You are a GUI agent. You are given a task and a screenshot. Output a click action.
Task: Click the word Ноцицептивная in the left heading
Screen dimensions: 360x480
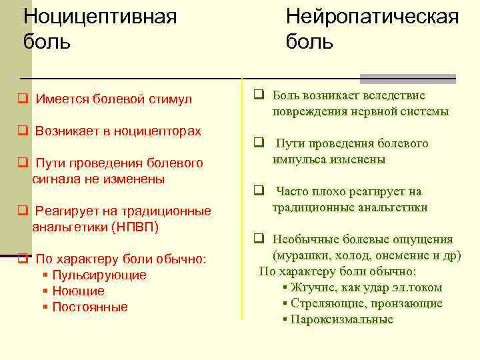(x=100, y=15)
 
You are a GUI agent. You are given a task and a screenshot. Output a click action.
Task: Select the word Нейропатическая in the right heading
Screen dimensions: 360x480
(x=372, y=15)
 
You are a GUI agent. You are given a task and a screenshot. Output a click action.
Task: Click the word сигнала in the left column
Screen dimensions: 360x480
(x=57, y=179)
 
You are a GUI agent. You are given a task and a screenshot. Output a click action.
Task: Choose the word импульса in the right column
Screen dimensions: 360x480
(x=299, y=159)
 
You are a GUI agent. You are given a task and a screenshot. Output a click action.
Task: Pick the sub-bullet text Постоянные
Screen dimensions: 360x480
(x=89, y=307)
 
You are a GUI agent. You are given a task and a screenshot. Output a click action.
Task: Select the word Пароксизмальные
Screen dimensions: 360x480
(x=341, y=319)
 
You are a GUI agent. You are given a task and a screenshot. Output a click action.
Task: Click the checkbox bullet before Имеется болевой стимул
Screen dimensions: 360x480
(x=22, y=99)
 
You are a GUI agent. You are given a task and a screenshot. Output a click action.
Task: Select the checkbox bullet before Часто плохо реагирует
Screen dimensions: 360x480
(x=257, y=191)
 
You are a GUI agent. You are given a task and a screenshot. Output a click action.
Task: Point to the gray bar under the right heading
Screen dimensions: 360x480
(x=408, y=78)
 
